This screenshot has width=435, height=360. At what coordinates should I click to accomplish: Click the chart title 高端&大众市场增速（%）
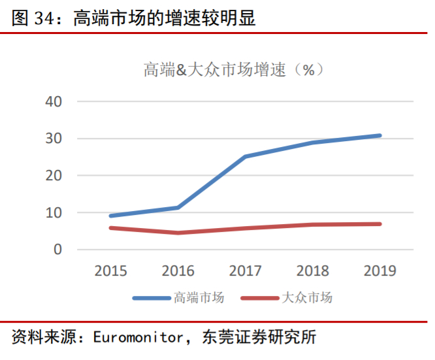click(x=234, y=70)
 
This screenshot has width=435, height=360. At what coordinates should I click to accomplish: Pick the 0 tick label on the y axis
click(x=57, y=250)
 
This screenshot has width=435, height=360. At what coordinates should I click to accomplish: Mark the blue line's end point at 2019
click(x=379, y=136)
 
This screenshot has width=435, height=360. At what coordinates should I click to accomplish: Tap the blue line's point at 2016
click(x=178, y=208)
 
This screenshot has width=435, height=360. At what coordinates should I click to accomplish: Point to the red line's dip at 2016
click(x=178, y=233)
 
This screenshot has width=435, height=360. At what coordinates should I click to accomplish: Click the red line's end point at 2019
click(x=379, y=224)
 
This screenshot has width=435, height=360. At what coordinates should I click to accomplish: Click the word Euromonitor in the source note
click(x=137, y=337)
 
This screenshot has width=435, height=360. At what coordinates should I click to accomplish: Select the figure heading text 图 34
click(x=33, y=19)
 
